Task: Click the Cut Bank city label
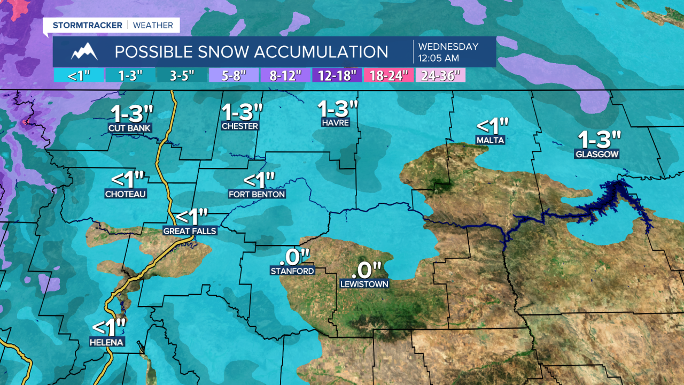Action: tap(130, 128)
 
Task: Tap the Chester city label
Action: tap(240, 126)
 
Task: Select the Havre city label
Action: tap(336, 123)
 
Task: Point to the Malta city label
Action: tap(490, 140)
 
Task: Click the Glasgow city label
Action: tap(597, 155)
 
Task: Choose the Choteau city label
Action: tap(126, 194)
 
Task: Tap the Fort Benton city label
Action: tap(257, 194)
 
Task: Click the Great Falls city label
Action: tap(190, 231)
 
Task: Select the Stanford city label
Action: tap(292, 271)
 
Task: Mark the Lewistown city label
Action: tap(364, 284)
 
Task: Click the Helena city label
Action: tap(107, 342)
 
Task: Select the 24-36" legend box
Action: tap(441, 75)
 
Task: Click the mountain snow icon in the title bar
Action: tap(84, 52)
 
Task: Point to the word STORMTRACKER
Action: tap(87, 25)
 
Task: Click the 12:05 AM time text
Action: tap(438, 58)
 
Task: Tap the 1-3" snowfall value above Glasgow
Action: tap(599, 140)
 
